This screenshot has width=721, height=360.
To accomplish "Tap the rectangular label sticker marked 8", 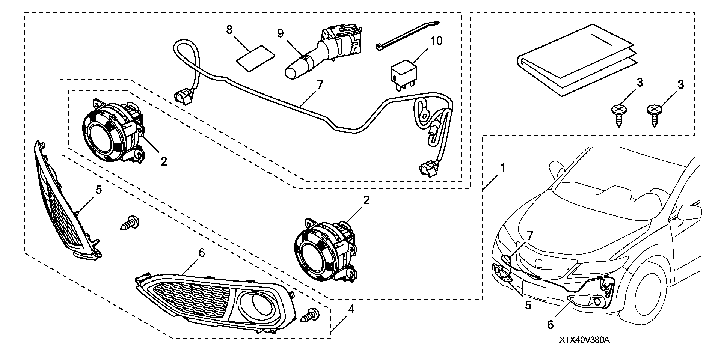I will pos(256,58).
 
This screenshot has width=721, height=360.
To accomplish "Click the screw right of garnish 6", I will pos(310,316).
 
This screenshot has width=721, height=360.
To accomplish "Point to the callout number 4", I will pos(351,309).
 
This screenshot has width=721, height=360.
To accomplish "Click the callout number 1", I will pos(502,167).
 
